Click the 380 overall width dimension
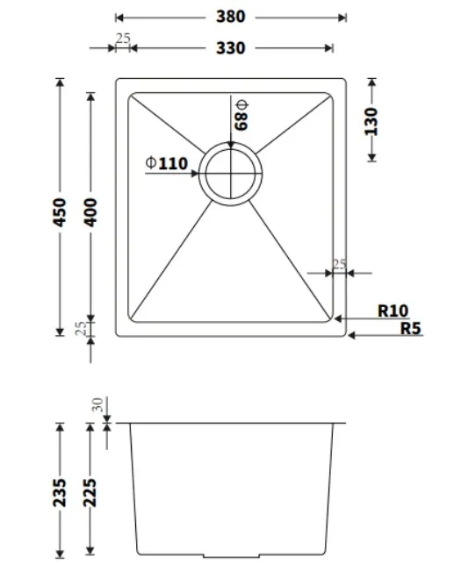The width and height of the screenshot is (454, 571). click(230, 17)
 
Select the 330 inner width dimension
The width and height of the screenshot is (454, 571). click(230, 48)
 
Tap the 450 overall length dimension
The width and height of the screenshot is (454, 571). click(60, 212)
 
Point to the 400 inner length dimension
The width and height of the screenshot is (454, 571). click(90, 212)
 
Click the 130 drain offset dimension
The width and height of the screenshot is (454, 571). click(371, 121)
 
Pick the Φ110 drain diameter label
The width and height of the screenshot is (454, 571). click(167, 163)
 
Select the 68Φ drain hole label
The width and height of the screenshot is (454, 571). click(241, 115)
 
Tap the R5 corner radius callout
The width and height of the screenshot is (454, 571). click(411, 328)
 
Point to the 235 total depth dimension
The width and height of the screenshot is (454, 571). click(60, 493)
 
